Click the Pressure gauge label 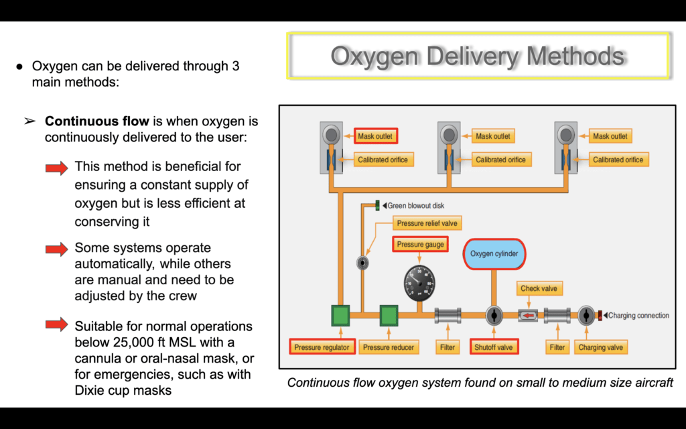point(420,244)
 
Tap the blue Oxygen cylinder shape point(494,254)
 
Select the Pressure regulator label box point(322,347)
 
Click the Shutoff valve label point(494,347)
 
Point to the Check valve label point(539,288)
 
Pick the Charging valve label point(600,347)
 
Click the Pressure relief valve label point(427,223)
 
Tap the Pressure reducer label point(389,347)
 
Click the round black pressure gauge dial point(419,283)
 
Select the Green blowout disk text point(416,206)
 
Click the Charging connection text point(638,316)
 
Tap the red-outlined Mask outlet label point(375,136)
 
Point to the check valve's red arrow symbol point(529,315)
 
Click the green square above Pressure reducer point(389,316)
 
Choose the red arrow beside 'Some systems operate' point(57,249)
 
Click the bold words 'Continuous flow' point(97,121)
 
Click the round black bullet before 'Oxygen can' point(19,66)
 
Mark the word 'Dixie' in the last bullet point(90,390)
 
